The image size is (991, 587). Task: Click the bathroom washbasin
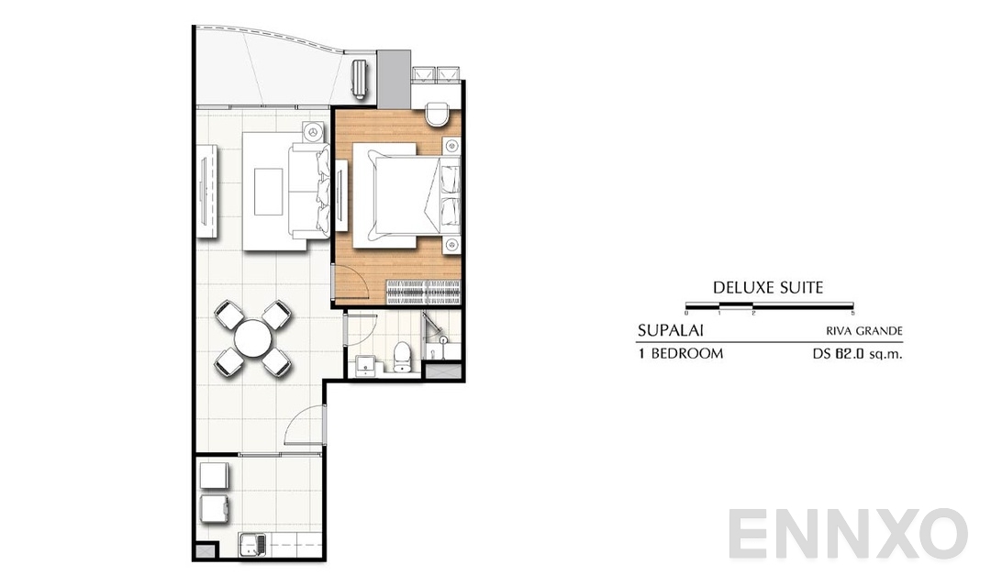pos(367,362)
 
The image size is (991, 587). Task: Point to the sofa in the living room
pos(306,190)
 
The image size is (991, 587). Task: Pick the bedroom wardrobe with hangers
pos(423,293)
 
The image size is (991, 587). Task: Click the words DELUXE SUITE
pos(768,288)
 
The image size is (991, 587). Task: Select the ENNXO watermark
pos(849,533)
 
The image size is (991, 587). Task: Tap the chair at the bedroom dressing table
pos(439,114)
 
